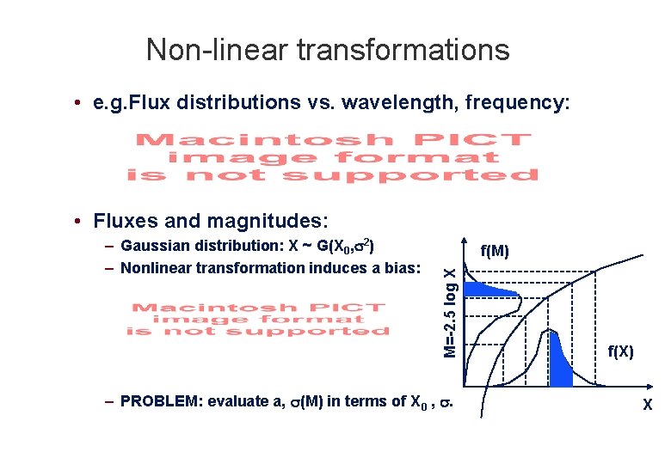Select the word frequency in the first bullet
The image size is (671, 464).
point(516,103)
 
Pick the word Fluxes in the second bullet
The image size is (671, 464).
point(121,221)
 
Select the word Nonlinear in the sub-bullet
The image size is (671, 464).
point(158,267)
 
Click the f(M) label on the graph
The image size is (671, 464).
point(495,251)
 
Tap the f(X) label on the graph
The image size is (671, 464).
point(620,351)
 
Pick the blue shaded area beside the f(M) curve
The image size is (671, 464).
point(490,292)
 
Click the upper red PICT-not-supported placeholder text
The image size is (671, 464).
point(333,156)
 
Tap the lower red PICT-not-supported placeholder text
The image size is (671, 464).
point(258,319)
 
